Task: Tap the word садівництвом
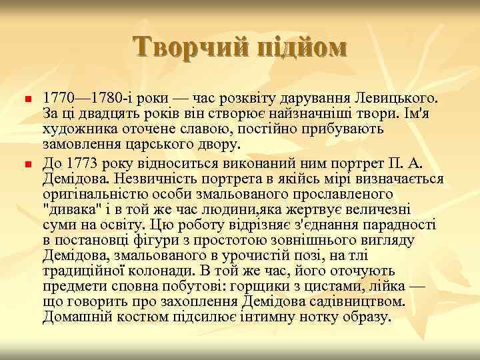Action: pyautogui.click(x=361, y=301)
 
